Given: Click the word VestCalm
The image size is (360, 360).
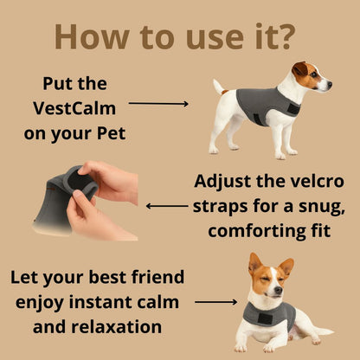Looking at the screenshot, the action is pos(74,108).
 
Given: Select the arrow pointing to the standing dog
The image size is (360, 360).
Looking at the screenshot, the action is pos(158,104).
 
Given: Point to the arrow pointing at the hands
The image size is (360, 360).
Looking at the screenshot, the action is pos(167,206).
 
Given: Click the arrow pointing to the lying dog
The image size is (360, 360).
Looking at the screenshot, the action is pos(215,302).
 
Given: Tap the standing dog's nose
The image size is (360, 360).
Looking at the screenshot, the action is pos(330,85).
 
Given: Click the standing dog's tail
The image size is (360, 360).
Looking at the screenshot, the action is pos(219,87).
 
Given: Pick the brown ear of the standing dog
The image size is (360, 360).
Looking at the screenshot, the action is pos(299,69).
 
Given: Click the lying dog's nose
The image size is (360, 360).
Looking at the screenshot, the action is pos(278,290).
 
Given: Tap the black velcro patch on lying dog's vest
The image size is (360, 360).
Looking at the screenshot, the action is pos(265,318).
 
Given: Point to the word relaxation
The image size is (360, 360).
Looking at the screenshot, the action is pos(116,327).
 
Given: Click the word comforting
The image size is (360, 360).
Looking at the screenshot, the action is pos(254,231).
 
